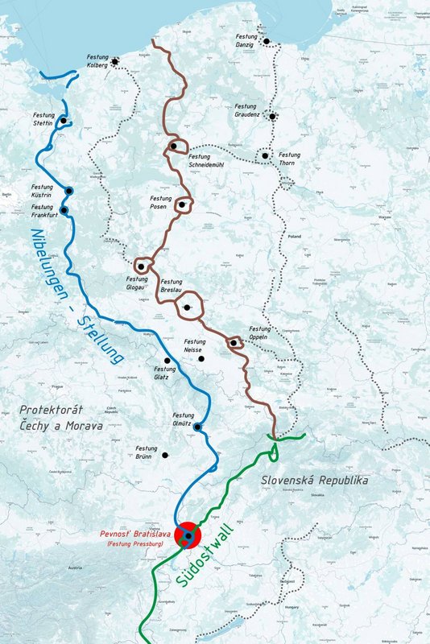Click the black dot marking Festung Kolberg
[x=116, y=61]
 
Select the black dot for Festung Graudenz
[x=273, y=117]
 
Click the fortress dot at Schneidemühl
[x=173, y=147]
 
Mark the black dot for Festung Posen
[x=183, y=205]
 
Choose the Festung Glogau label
[x=137, y=283]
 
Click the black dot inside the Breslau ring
[x=188, y=307]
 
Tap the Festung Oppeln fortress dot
[x=233, y=343]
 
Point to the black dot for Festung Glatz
[x=167, y=360]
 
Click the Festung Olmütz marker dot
[x=196, y=427]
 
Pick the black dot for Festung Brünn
[x=165, y=455]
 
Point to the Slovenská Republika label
[x=315, y=481]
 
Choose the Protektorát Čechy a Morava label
[x=61, y=417]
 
